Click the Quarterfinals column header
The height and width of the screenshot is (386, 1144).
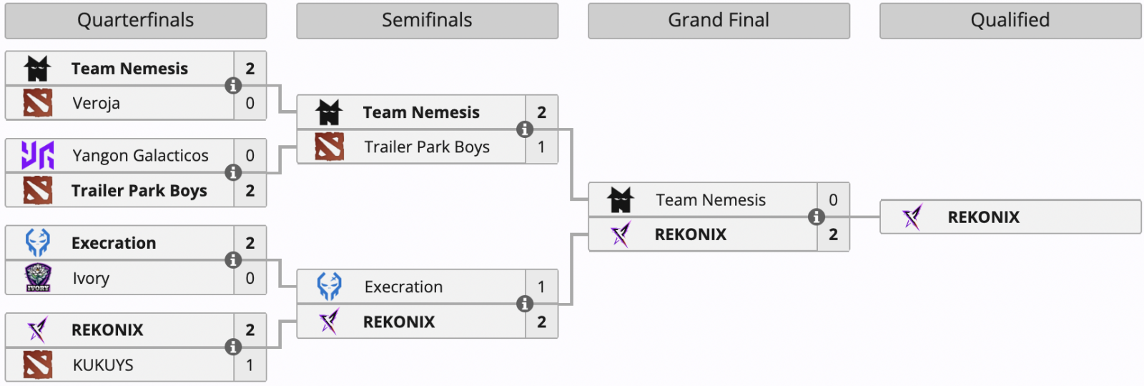coord(135,21)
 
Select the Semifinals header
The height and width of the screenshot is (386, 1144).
coord(427,21)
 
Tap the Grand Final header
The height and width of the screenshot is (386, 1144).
coord(719,21)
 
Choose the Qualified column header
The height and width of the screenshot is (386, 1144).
coord(1010,21)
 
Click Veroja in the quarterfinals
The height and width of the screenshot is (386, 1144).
coord(97,104)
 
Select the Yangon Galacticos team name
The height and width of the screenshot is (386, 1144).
coord(140,156)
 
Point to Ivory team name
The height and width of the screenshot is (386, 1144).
coord(91,278)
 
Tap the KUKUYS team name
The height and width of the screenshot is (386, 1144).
coord(103,365)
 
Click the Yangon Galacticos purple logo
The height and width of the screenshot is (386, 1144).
coord(38,156)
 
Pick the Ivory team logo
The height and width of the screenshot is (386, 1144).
coord(38,278)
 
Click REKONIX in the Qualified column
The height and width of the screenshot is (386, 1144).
coord(983,217)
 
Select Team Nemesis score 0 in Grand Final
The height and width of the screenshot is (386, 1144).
coord(833,200)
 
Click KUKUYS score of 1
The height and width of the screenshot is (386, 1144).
coord(250,365)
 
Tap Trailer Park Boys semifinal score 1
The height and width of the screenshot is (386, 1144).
coord(541,147)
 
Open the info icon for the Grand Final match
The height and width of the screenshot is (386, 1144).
coord(816,217)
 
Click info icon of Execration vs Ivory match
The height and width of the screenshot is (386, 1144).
coord(233,260)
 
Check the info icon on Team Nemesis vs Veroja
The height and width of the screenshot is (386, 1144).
coord(233,86)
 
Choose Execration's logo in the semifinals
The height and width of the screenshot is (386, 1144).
coord(330,287)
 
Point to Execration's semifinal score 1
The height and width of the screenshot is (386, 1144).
coord(541,287)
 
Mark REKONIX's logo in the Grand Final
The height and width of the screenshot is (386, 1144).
coord(621,234)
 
